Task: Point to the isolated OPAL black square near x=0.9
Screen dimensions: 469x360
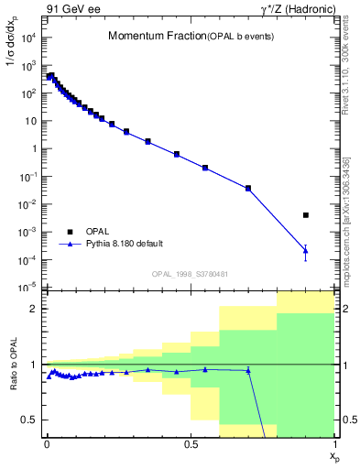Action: tap(306, 215)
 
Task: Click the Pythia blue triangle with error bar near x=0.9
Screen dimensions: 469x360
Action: tap(306, 250)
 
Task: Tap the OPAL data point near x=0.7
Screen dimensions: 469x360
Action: tap(248, 188)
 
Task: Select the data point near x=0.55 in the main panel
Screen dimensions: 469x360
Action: tap(205, 168)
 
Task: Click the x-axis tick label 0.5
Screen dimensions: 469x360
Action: tap(191, 442)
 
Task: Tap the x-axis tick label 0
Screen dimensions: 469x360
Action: tap(47, 442)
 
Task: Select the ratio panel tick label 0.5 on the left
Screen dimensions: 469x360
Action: tap(30, 420)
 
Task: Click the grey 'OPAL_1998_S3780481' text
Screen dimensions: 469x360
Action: tap(191, 274)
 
